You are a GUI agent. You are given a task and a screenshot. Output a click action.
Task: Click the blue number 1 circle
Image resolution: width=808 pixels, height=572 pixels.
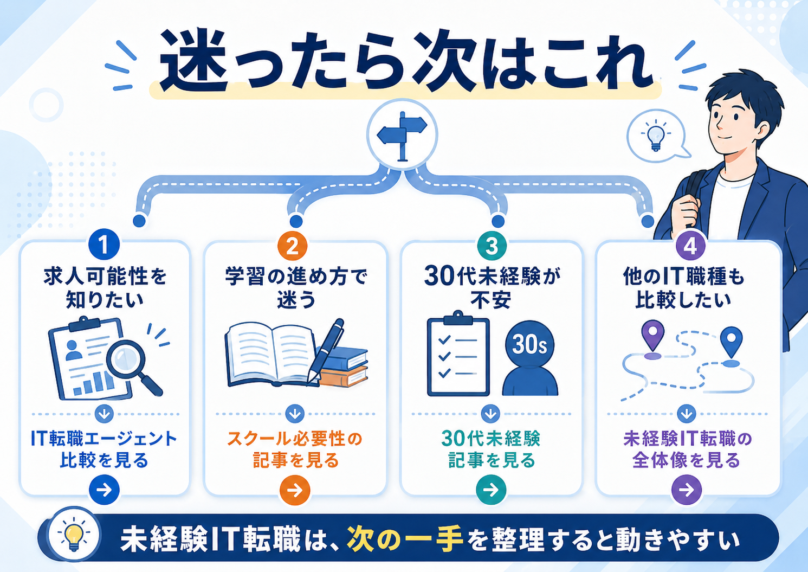click(x=104, y=245)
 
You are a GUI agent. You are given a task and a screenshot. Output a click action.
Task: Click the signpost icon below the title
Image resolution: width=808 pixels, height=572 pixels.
click(x=402, y=136)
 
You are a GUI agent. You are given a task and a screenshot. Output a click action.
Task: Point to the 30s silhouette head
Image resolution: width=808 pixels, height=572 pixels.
click(x=529, y=344)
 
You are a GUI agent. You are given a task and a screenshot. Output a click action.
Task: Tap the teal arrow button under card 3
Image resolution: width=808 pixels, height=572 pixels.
click(x=491, y=490)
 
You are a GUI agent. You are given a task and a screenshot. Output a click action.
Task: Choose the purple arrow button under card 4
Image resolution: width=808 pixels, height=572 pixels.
click(x=687, y=490)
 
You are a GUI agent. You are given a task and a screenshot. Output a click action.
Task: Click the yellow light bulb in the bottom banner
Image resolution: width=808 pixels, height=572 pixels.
click(x=74, y=534)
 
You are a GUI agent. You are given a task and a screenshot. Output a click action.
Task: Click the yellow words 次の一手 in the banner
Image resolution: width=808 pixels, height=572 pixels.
click(x=405, y=540)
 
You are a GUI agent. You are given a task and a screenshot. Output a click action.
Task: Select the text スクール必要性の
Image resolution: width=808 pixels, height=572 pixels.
click(x=295, y=439)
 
